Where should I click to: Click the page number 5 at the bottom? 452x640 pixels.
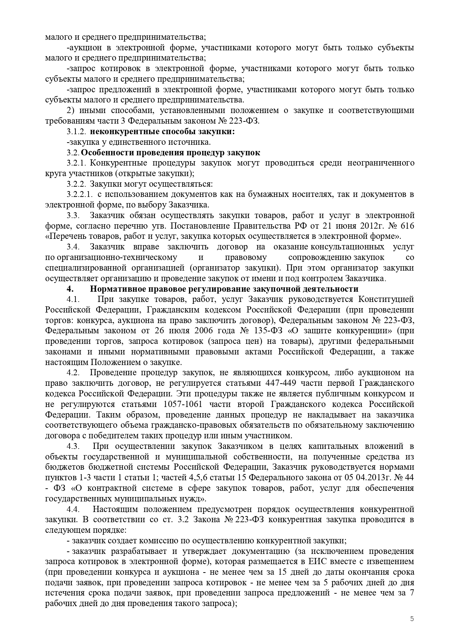[x=412, y=618]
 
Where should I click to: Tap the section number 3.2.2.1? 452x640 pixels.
[x=80, y=194]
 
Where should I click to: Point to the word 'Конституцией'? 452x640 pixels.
[x=386, y=299]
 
